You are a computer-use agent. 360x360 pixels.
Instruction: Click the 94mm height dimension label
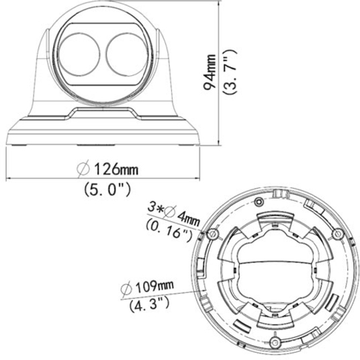pos(210,72)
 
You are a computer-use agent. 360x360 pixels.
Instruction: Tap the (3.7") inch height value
pos(229,72)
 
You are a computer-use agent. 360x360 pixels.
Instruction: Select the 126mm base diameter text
pos(116,169)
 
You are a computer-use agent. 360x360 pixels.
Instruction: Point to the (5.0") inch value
pos(107,189)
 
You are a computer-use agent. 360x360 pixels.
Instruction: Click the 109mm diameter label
pos(154,286)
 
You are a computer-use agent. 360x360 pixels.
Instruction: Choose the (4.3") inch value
pos(149,304)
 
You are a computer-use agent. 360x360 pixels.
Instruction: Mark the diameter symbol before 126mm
pos(83,169)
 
